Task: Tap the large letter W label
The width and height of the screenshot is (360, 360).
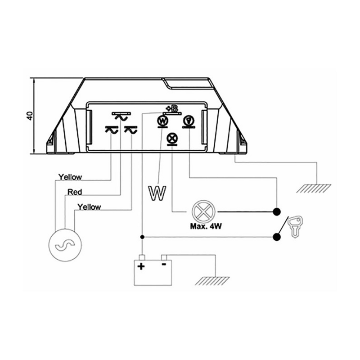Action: point(157,192)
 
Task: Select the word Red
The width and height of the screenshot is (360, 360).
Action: point(74,192)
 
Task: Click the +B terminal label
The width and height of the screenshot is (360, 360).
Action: point(171,108)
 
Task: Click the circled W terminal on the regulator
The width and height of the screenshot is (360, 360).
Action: point(162,121)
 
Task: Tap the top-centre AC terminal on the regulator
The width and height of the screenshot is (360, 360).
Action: point(120,116)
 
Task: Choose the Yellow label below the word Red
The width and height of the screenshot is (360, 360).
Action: point(89,207)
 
